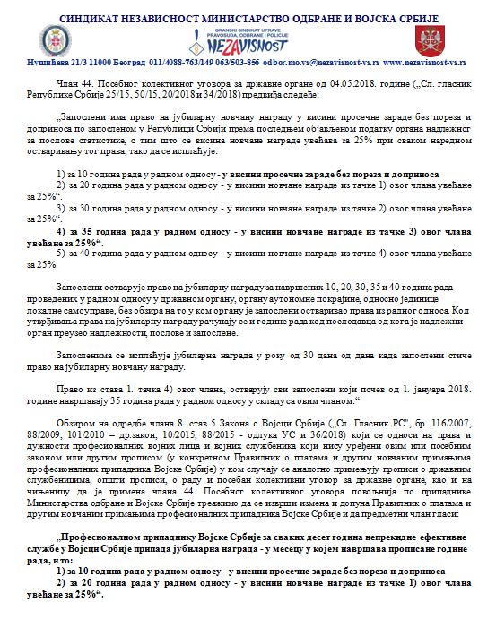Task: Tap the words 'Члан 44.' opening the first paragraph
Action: pyautogui.click(x=70, y=82)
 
